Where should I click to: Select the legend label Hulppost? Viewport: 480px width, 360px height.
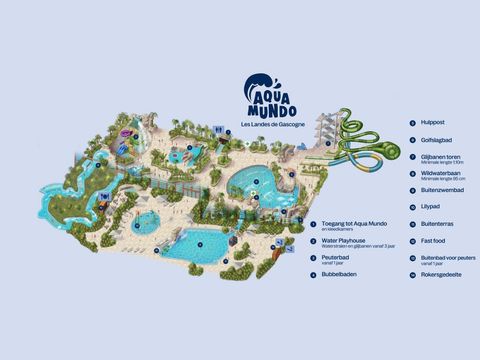coord(431,123)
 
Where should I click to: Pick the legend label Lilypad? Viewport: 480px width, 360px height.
coord(430,206)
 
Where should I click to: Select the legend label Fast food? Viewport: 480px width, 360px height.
coord(431,240)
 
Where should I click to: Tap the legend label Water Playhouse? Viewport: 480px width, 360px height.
coord(343,240)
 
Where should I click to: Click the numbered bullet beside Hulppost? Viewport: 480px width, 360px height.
coord(412,123)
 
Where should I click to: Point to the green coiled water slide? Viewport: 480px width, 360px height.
coord(370,151)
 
